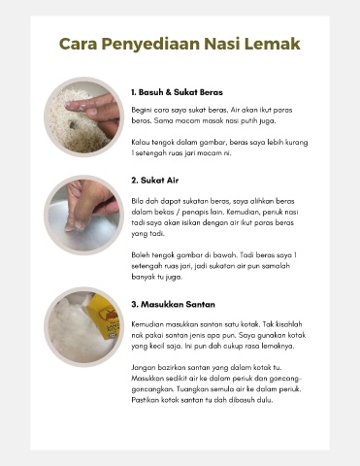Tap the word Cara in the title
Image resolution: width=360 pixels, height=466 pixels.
click(x=78, y=44)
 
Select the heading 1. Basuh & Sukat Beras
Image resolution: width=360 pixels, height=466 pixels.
click(x=177, y=92)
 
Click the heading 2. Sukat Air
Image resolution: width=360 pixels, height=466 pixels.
click(x=155, y=181)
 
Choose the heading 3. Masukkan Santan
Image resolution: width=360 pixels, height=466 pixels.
click(x=173, y=305)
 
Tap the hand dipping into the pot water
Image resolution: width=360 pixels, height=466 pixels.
click(x=89, y=204)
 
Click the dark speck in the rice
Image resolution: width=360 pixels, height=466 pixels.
click(x=73, y=124)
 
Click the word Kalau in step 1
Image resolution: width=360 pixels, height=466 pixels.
click(x=140, y=143)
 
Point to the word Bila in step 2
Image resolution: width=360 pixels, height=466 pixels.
click(x=137, y=201)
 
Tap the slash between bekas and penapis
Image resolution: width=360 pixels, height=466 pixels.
click(x=178, y=213)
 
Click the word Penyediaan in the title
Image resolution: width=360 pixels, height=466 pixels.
click(x=150, y=45)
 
